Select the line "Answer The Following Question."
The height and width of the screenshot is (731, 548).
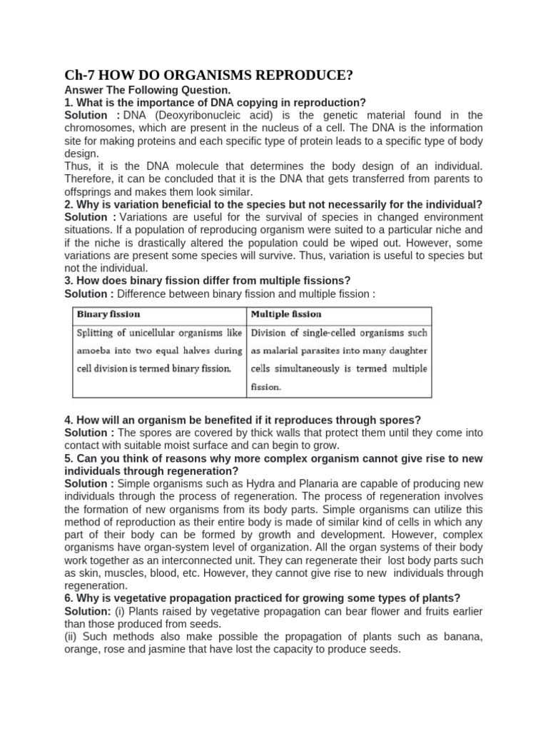click(148, 90)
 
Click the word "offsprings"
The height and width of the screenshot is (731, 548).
click(90, 191)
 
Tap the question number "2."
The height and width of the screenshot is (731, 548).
click(69, 204)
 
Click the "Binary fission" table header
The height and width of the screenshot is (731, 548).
click(108, 314)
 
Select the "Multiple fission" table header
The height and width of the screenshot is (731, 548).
click(286, 314)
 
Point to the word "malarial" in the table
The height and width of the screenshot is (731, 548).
click(285, 351)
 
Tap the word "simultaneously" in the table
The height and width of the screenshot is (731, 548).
click(310, 368)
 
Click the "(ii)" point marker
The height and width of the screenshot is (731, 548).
click(71, 637)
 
